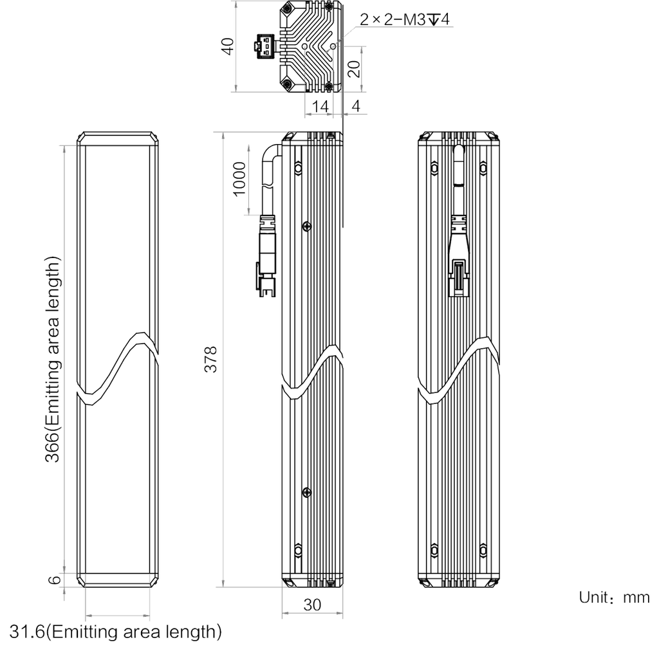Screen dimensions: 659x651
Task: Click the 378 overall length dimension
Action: [210, 360]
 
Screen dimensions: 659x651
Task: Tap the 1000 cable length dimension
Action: [239, 179]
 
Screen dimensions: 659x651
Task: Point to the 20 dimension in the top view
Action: [355, 69]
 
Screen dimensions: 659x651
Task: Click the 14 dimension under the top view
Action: [320, 106]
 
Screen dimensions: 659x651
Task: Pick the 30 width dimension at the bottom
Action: [312, 605]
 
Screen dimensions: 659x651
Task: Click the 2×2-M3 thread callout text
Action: [404, 19]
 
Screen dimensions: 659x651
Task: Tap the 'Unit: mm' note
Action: [614, 597]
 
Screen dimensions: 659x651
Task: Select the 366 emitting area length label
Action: [53, 359]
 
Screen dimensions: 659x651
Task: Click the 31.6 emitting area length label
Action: [116, 632]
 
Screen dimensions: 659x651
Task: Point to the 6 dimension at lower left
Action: [55, 580]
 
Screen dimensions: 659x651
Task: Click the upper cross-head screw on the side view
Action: [307, 227]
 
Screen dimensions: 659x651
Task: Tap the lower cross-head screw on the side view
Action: [307, 492]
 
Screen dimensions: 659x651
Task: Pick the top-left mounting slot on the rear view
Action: [434, 168]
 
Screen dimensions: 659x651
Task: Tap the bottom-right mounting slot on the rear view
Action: [483, 550]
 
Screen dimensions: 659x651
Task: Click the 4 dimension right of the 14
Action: [356, 106]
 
